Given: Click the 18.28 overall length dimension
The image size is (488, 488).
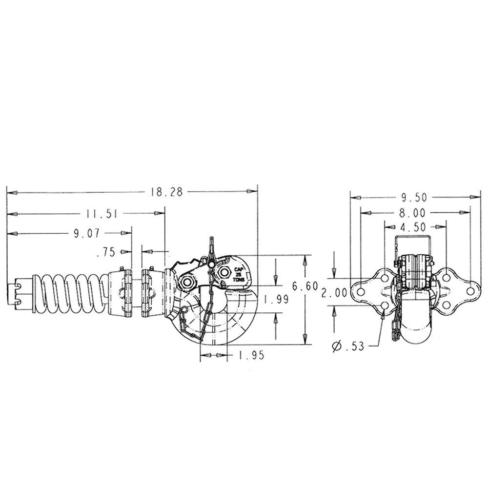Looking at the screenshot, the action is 167,192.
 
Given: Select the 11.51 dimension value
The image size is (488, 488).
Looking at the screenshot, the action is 102,214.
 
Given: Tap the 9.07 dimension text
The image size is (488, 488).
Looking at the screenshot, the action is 87,233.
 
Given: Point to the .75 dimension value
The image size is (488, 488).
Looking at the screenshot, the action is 106,252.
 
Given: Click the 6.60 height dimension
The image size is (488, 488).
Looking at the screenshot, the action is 305,285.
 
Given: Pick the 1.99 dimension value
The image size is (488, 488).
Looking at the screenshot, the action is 276,300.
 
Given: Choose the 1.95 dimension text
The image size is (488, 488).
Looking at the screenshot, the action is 251,355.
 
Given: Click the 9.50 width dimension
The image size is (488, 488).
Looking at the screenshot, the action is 414,197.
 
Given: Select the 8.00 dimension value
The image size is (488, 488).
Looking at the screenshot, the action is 412,213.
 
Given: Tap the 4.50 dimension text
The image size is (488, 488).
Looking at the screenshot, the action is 413,227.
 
